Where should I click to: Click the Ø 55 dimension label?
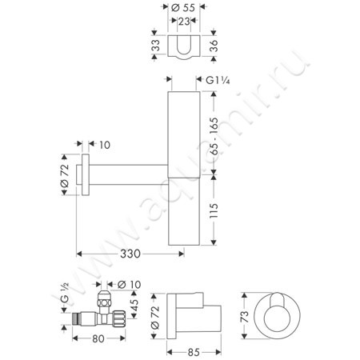click(183, 7)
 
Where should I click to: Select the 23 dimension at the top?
click(184, 22)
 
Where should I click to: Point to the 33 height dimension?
click(156, 45)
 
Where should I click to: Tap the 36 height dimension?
click(214, 46)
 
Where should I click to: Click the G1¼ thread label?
click(218, 80)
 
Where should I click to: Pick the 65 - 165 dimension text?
click(214, 136)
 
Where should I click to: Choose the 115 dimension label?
click(214, 210)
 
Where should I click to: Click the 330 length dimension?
click(130, 254)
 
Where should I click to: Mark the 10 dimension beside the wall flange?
click(105, 145)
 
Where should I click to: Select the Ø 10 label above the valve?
click(129, 285)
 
